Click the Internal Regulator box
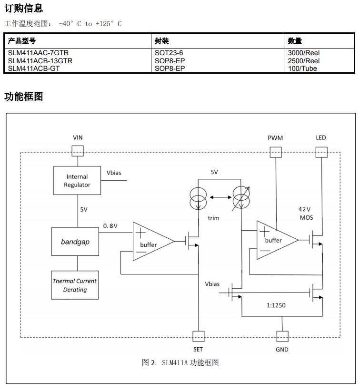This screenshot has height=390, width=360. pyautogui.click(x=77, y=181)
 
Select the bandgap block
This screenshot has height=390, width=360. pyautogui.click(x=75, y=242)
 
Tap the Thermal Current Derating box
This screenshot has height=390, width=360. pyautogui.click(x=75, y=285)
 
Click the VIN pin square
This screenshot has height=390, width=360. pyautogui.click(x=77, y=151)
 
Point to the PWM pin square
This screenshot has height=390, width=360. pyautogui.click(x=275, y=152)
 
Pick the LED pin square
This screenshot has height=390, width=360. pyautogui.click(x=321, y=152)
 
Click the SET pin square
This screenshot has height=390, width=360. pyautogui.click(x=198, y=336)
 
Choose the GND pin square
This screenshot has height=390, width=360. pyautogui.click(x=282, y=336)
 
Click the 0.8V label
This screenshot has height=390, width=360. pyautogui.click(x=110, y=226)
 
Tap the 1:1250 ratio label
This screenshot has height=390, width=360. pyautogui.click(x=276, y=305)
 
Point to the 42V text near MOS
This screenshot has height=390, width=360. pyautogui.click(x=304, y=209)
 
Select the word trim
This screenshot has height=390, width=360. pyautogui.click(x=213, y=218)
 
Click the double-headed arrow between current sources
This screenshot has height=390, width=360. pyautogui.click(x=219, y=196)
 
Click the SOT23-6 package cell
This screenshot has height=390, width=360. pyautogui.click(x=169, y=53)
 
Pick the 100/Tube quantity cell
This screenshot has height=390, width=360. pyautogui.click(x=302, y=68)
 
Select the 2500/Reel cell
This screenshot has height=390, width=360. pyautogui.click(x=304, y=61)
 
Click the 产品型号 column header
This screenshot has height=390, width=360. pyautogui.click(x=22, y=41)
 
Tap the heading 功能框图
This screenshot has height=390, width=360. pyautogui.click(x=24, y=97)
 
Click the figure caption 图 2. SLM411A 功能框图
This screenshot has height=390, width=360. pyautogui.click(x=180, y=362)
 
